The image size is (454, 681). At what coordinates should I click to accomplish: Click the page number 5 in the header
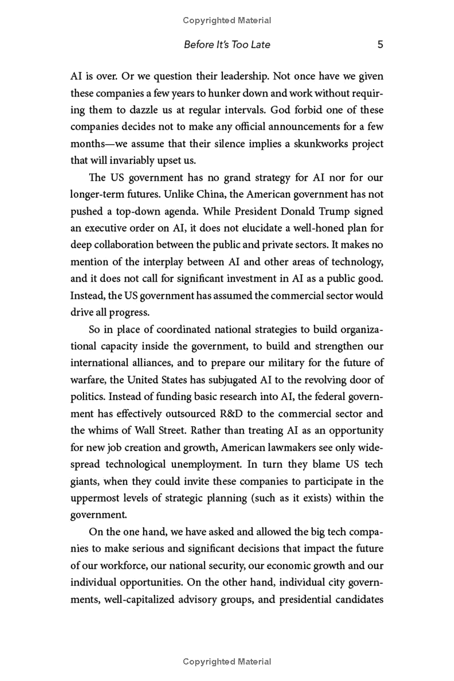coord(380,44)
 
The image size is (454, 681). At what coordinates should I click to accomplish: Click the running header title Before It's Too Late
coord(227,44)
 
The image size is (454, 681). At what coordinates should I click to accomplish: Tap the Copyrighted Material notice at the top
coord(227,20)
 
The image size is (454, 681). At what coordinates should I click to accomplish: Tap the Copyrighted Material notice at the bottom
coord(227,662)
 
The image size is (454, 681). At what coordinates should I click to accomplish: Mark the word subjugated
coord(215,380)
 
